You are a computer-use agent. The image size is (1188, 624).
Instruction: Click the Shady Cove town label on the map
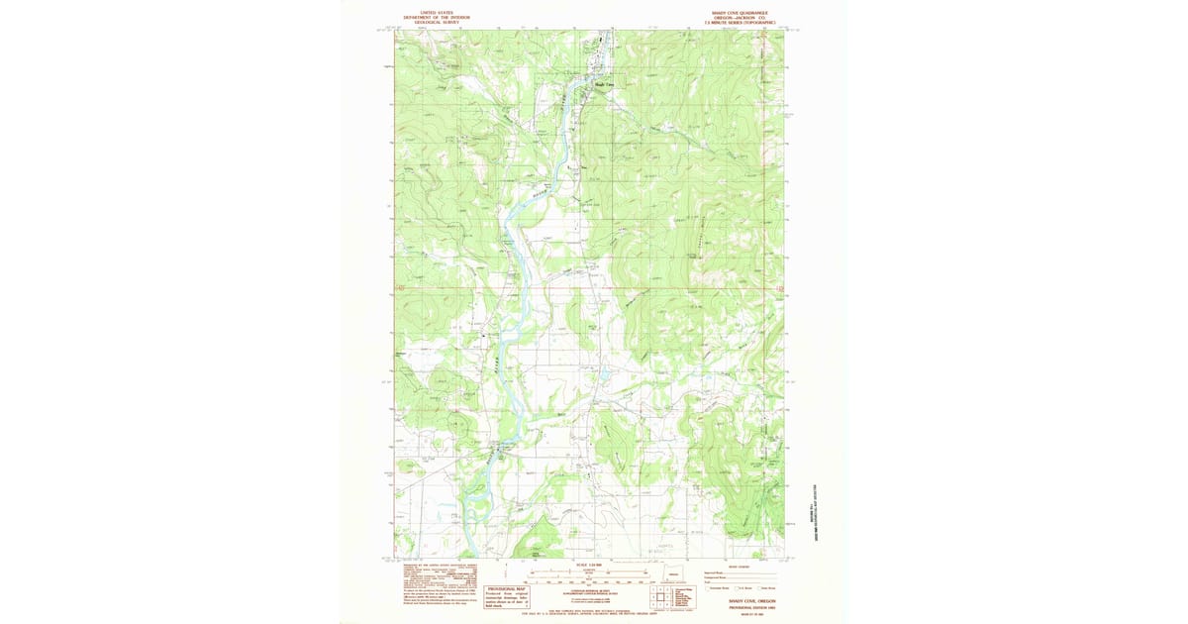(x=605, y=84)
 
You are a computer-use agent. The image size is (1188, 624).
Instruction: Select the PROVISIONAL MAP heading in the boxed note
(x=506, y=588)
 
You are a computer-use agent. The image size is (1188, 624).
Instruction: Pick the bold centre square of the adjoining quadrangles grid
(x=657, y=597)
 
